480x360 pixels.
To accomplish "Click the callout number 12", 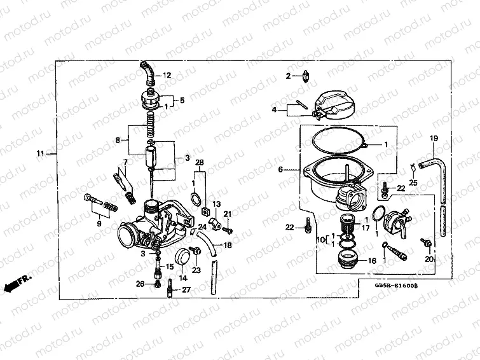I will (x=167, y=76).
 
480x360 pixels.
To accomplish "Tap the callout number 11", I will (x=41, y=154).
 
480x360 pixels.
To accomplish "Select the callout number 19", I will (x=434, y=139).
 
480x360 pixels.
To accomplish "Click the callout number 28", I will (x=199, y=163).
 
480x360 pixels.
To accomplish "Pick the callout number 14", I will (x=182, y=278).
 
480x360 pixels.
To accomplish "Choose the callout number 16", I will (x=372, y=261).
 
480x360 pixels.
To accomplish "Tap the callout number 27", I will (x=186, y=290).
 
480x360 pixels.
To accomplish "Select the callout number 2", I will (x=288, y=76).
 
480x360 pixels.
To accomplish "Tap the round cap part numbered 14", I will (x=183, y=258).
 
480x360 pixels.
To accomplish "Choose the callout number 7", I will (x=125, y=163).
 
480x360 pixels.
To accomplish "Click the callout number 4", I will (x=275, y=110).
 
